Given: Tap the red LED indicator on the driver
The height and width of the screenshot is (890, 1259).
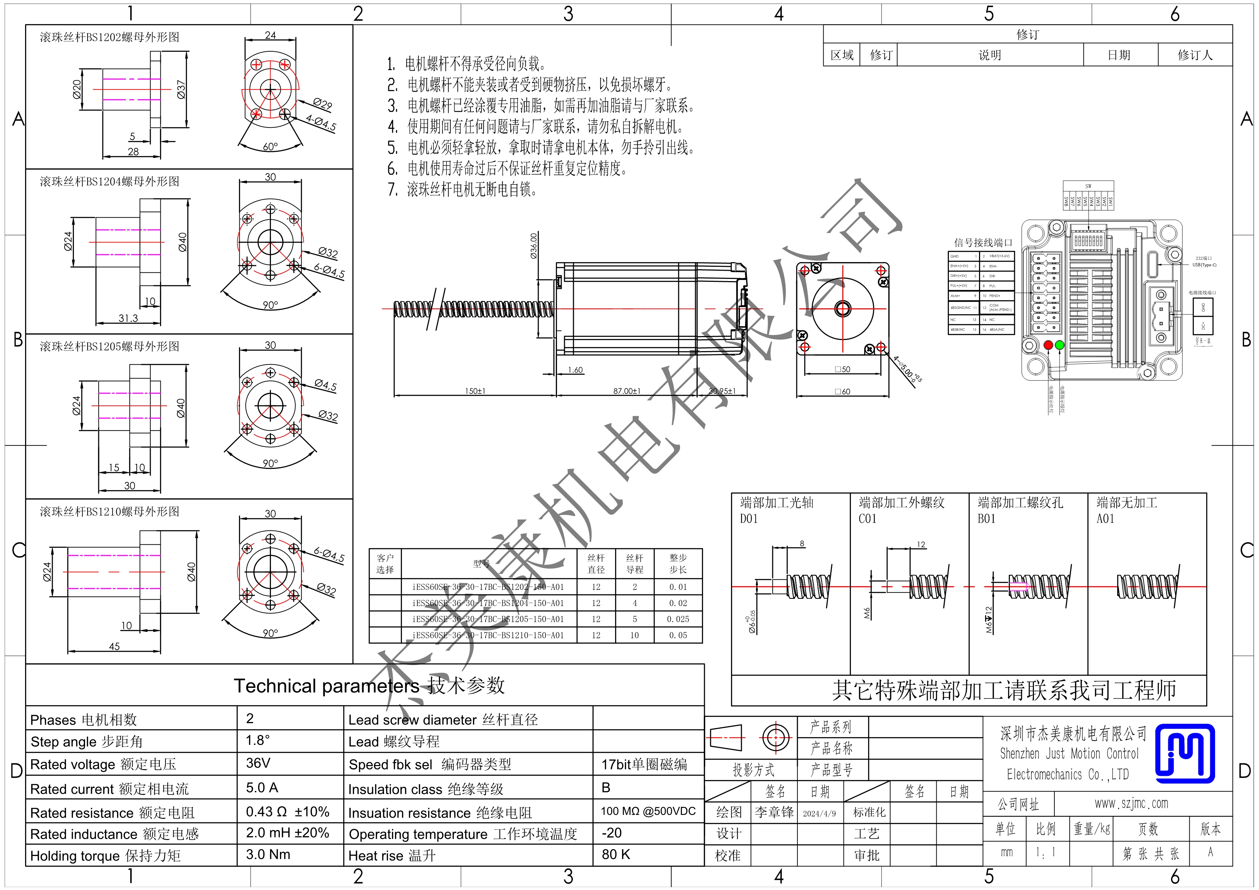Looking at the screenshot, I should coord(1048,345).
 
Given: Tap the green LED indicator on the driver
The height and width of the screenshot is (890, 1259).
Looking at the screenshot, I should coord(1059,345).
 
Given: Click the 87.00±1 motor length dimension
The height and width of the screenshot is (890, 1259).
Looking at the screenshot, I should coord(626,391).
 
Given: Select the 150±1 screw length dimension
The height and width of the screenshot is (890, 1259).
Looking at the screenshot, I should coord(475,391).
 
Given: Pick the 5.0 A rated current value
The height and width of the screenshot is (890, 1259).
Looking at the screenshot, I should coord(262,787).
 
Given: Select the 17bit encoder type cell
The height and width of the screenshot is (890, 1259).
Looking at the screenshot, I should coord(644,764).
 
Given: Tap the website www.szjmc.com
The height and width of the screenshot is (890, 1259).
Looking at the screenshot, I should coord(1131,803).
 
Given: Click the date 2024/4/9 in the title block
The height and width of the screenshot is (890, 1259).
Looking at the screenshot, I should coord(819,813).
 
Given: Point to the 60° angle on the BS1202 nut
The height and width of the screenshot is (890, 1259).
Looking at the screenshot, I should coord(270,146).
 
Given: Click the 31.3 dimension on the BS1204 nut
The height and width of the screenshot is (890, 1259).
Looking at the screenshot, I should coord(128,318).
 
